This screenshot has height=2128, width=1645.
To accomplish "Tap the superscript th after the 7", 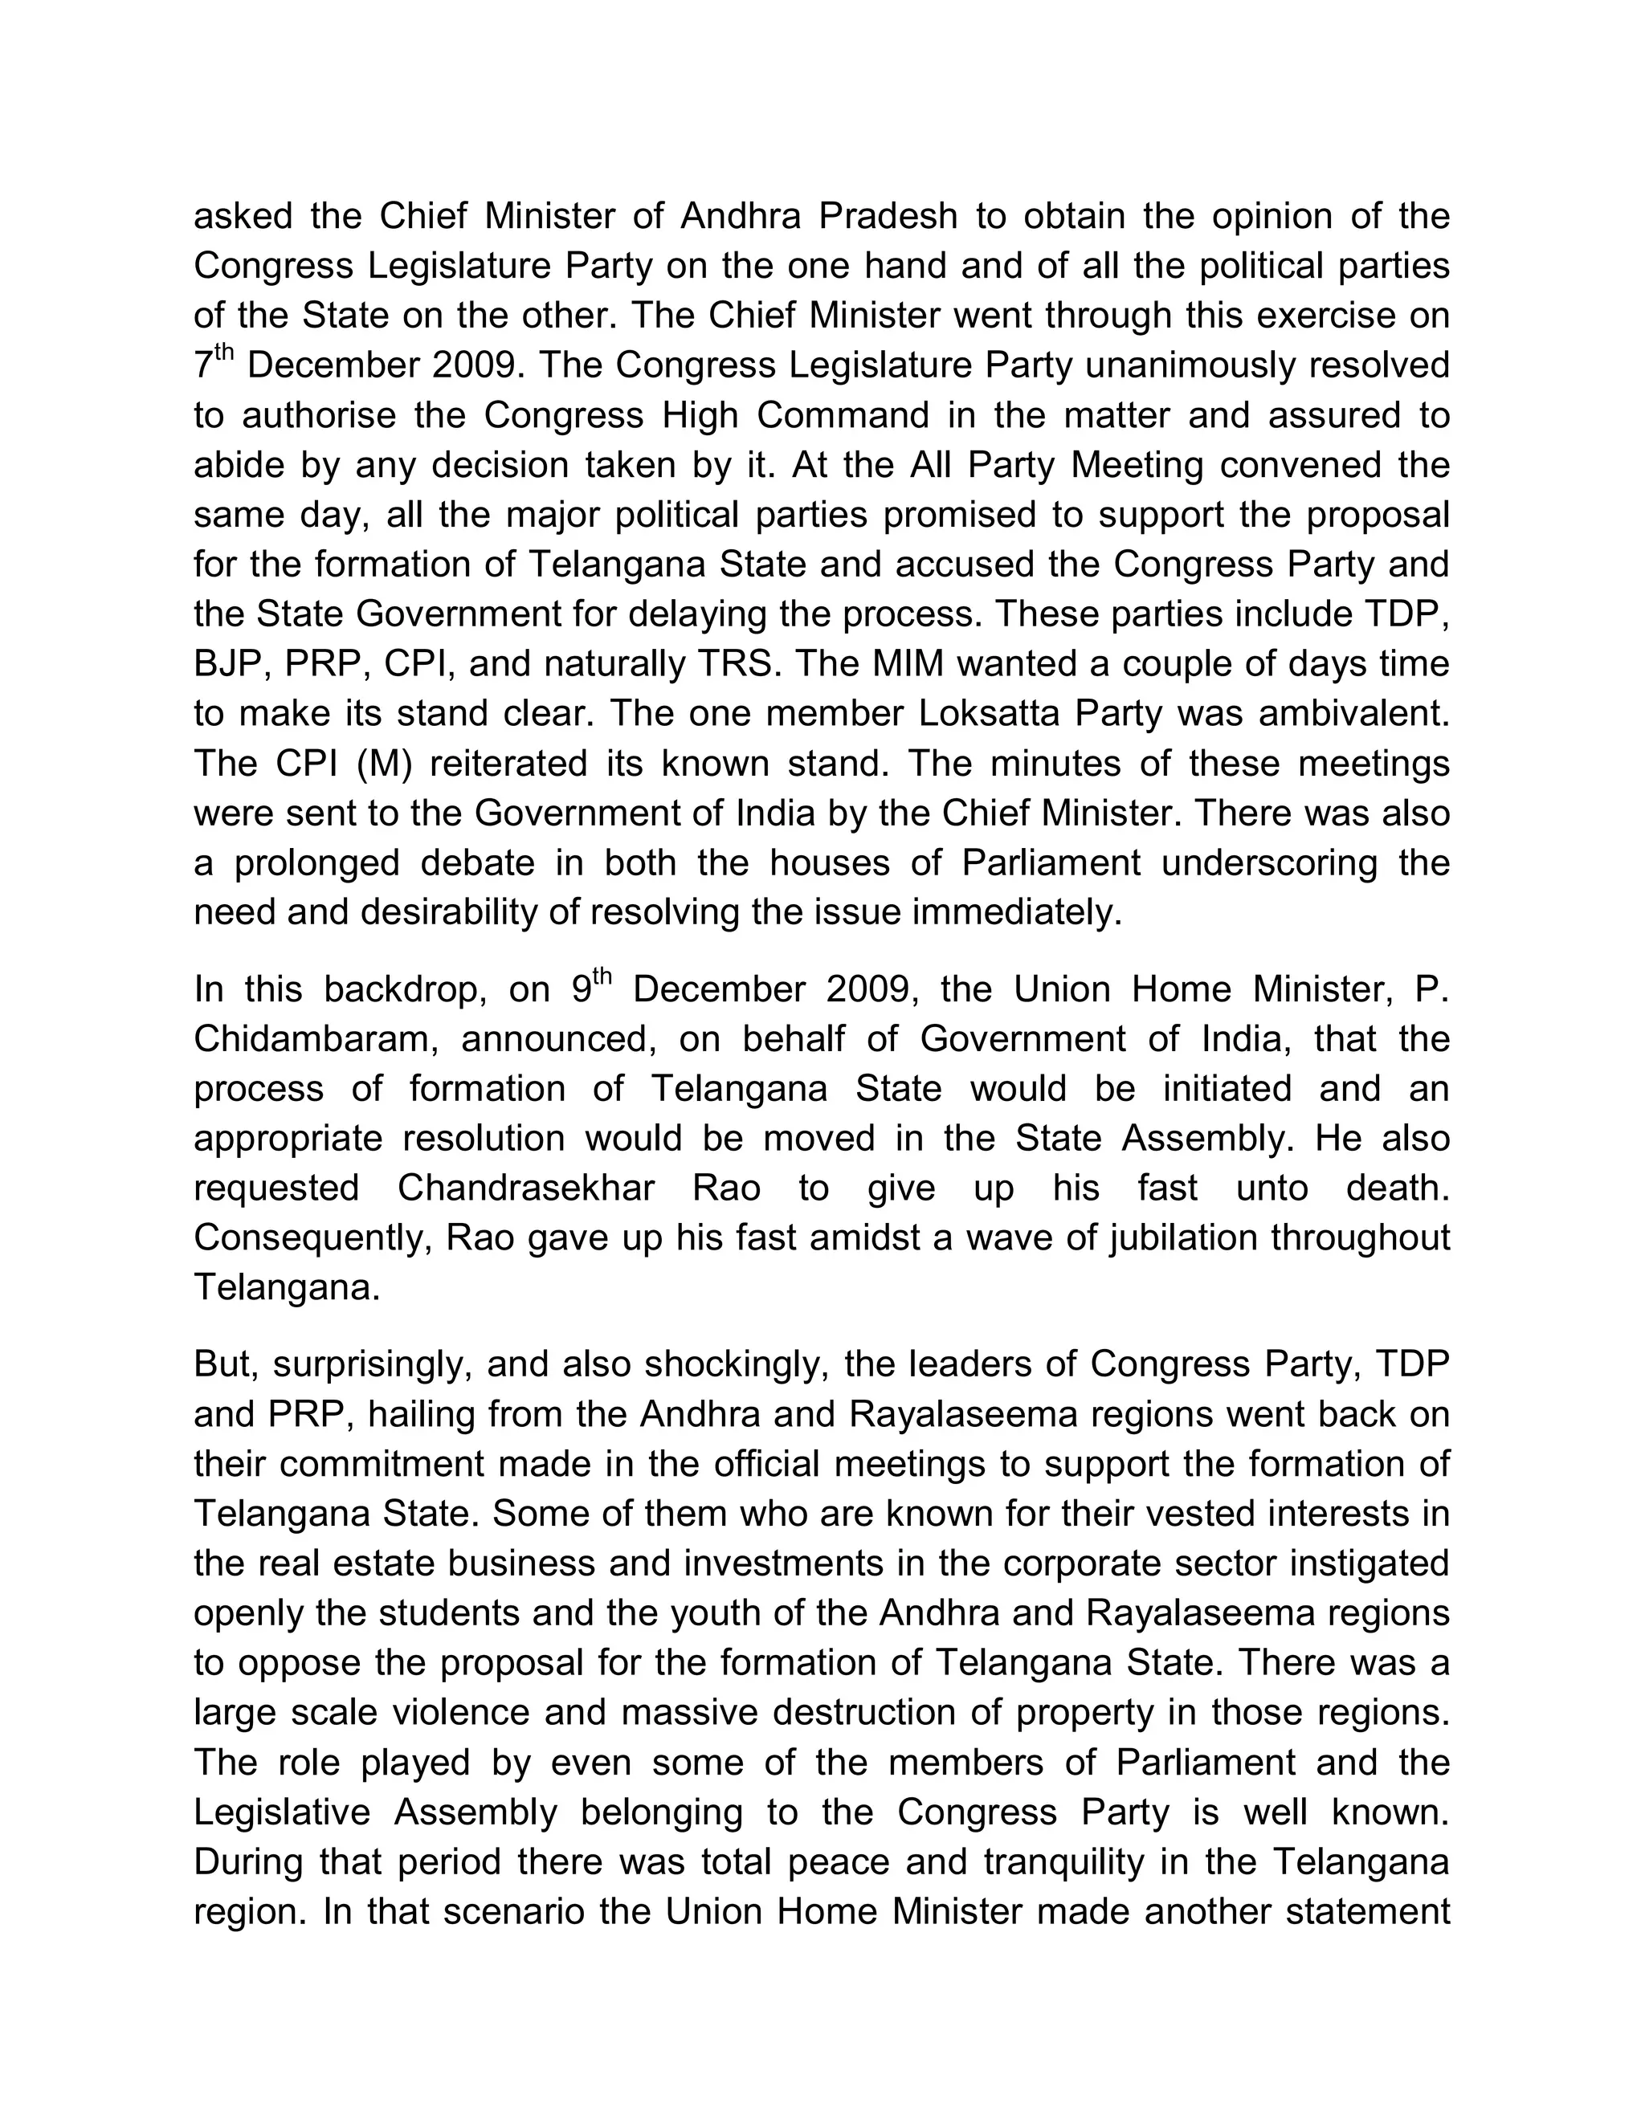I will (225, 353).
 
